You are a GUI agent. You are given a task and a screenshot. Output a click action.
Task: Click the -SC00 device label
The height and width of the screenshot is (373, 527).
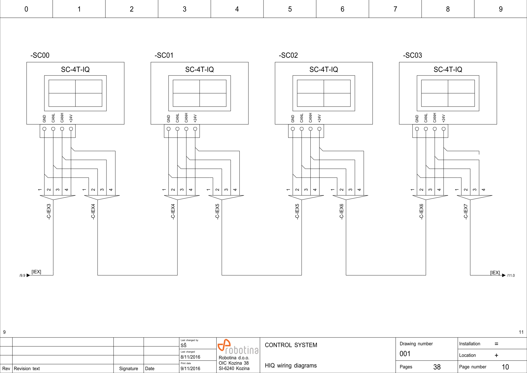[40, 55]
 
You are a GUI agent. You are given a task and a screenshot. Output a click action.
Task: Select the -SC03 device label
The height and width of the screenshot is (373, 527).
[413, 55]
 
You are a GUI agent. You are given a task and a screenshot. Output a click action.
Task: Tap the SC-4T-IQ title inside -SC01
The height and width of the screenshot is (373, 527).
[199, 70]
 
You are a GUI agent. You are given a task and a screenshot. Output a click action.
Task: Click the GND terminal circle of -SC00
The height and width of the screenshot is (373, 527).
[44, 129]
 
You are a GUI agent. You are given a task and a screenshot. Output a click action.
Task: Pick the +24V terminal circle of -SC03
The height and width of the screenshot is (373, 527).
[444, 129]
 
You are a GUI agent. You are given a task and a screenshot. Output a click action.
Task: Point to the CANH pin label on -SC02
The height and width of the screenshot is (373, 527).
[310, 118]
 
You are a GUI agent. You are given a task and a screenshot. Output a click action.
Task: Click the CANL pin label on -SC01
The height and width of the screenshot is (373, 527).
[177, 118]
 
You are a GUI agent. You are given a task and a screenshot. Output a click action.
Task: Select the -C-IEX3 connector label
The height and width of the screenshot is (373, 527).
[49, 212]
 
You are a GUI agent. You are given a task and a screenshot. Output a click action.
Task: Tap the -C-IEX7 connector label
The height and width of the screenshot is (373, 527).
[466, 212]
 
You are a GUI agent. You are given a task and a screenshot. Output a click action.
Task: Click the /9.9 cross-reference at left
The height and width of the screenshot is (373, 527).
[22, 276]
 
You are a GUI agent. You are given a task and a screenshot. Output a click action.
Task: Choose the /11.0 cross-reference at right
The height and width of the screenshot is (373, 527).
[511, 276]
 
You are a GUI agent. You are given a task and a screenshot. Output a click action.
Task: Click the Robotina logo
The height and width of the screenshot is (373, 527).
[238, 347]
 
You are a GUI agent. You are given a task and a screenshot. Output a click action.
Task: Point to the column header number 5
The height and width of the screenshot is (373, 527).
[290, 9]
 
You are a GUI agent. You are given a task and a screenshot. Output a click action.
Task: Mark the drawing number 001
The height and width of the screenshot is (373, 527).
[405, 354]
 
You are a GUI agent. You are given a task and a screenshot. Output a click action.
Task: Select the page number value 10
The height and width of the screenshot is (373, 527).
[505, 367]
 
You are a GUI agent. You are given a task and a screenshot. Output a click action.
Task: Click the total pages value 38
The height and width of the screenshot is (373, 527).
[437, 367]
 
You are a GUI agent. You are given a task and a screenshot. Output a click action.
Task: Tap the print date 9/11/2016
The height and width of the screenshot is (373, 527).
[190, 368]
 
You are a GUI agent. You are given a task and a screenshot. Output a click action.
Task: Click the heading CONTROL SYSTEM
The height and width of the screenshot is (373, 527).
[291, 345]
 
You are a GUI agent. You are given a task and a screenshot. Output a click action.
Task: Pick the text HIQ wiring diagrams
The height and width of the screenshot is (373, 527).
[290, 366]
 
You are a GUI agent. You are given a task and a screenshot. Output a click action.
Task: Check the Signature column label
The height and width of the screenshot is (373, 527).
[128, 368]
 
